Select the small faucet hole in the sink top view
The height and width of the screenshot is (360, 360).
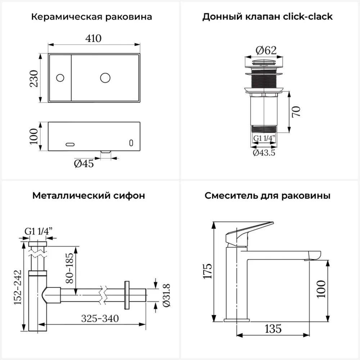click(x=60, y=77)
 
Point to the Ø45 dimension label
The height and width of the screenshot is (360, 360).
click(x=84, y=164)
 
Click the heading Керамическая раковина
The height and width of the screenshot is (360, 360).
click(x=91, y=17)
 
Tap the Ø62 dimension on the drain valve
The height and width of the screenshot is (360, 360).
click(x=266, y=50)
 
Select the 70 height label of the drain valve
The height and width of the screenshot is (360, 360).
click(x=296, y=112)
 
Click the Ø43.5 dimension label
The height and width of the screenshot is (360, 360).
click(x=264, y=153)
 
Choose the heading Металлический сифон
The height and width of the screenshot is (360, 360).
click(x=89, y=196)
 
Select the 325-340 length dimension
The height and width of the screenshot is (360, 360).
click(x=100, y=318)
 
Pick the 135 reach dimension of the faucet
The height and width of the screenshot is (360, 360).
click(x=273, y=328)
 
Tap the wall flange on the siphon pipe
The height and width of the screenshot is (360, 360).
click(x=127, y=294)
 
